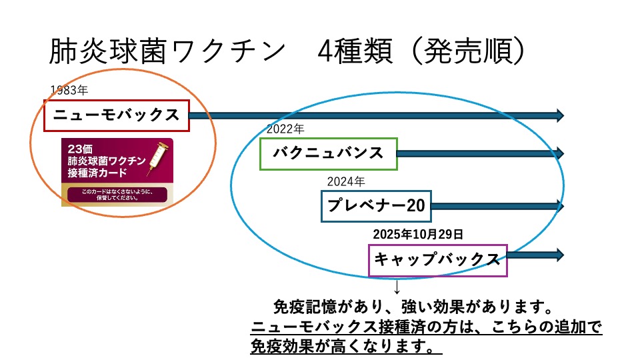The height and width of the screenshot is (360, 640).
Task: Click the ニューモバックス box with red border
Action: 117,115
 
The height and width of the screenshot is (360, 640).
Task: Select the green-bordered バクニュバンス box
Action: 328,153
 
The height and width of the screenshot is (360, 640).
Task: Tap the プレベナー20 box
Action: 376,206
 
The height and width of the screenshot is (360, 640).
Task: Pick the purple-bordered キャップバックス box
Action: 437,259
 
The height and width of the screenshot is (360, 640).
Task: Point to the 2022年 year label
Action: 285,129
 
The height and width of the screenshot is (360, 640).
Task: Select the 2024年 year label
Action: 345,181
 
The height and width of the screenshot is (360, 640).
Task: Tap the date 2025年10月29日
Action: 418,234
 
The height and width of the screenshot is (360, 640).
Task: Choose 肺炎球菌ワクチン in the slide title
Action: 167,51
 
